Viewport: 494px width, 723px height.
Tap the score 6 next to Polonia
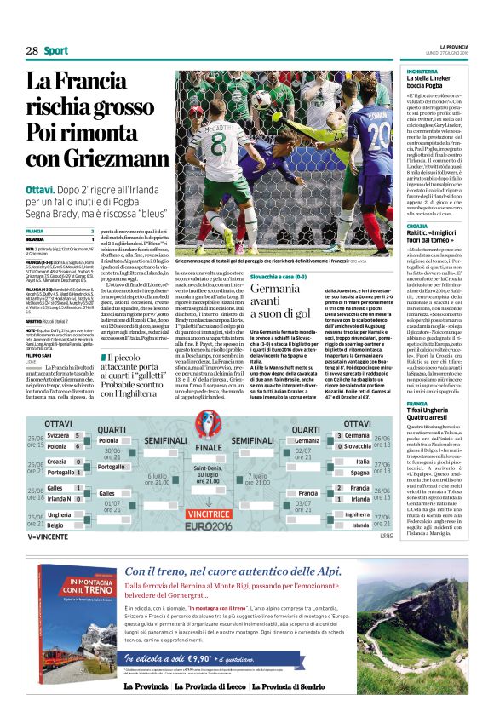pos(77,445)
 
